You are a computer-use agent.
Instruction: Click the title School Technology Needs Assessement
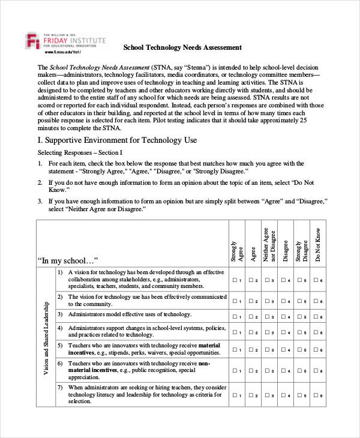(x=182, y=47)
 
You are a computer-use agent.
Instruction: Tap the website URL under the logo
(x=62, y=53)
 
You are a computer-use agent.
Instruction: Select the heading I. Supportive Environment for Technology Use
(x=118, y=140)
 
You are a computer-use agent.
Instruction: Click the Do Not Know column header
(x=318, y=245)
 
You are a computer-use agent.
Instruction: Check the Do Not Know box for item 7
(x=316, y=396)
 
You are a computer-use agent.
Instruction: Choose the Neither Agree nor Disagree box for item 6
(x=266, y=370)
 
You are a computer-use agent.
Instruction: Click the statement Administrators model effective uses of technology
(x=121, y=314)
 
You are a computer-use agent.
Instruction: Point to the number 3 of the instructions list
(x=40, y=201)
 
